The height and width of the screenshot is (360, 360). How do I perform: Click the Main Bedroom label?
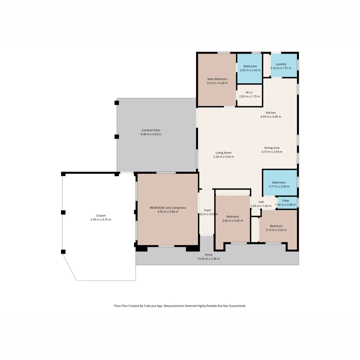click(217, 79)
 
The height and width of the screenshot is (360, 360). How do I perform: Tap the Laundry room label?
click(281, 64)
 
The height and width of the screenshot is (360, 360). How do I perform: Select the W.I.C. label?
click(250, 92)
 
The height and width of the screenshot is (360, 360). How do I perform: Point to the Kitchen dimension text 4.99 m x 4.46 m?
click(271, 117)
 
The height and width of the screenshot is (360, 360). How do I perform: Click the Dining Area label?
click(272, 148)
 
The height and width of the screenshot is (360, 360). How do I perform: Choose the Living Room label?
click(224, 153)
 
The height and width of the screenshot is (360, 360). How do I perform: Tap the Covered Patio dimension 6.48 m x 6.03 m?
click(151, 134)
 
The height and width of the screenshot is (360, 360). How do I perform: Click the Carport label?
click(101, 216)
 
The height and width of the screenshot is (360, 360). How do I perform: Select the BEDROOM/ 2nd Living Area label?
click(168, 208)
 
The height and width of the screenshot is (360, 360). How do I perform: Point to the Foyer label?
click(208, 210)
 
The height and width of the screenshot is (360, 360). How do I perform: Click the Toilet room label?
click(285, 201)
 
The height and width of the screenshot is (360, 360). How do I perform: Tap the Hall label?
click(261, 202)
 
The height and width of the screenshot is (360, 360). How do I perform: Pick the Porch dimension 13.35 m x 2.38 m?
click(208, 259)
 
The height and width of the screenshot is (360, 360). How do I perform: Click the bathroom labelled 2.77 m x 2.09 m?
click(279, 183)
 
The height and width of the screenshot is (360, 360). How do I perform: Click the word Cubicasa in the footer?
click(150, 306)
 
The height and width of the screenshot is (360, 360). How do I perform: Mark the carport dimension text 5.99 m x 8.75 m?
click(101, 219)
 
